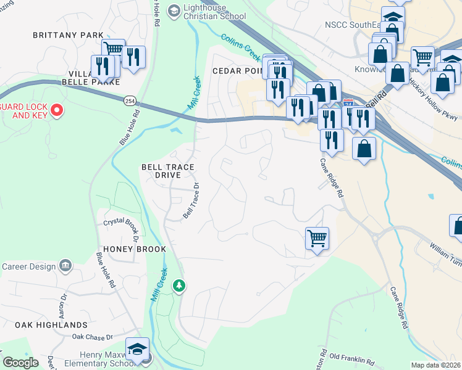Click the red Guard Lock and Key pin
[x=57, y=110]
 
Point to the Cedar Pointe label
[x=238, y=71]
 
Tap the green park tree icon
[x=179, y=286]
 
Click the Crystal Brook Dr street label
[x=123, y=223]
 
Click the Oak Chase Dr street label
[x=92, y=337]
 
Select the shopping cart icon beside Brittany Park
[x=113, y=49]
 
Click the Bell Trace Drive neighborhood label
[x=167, y=171]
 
